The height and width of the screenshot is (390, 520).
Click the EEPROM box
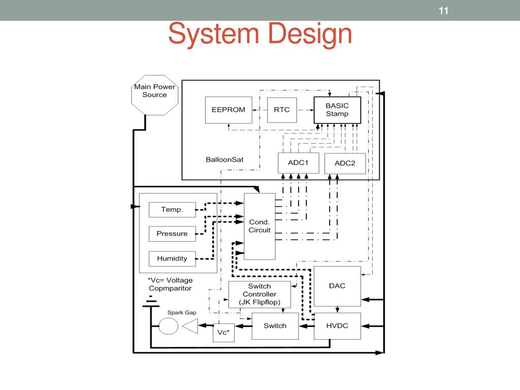[x=229, y=110]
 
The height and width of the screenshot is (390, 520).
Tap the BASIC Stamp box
[x=337, y=110]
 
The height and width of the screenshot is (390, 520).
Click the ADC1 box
[x=299, y=163]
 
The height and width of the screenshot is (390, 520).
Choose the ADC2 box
[x=345, y=163]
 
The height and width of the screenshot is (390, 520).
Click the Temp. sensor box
[x=172, y=209]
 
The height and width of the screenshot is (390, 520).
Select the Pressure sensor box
[x=172, y=234]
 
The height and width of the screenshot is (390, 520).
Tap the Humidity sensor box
[x=172, y=258]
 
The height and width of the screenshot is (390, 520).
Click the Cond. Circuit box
[x=259, y=226]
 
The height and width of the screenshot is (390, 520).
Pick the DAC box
[x=337, y=286]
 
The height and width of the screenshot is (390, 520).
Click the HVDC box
[x=337, y=326]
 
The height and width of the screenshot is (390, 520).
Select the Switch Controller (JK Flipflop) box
[x=259, y=295]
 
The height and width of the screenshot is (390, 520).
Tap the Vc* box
[x=223, y=332]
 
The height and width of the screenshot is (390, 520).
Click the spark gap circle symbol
[x=168, y=326]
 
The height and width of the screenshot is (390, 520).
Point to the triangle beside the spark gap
[x=190, y=326]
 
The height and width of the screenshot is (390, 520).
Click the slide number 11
[x=444, y=10]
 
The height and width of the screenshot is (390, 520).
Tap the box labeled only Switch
[x=275, y=326]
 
